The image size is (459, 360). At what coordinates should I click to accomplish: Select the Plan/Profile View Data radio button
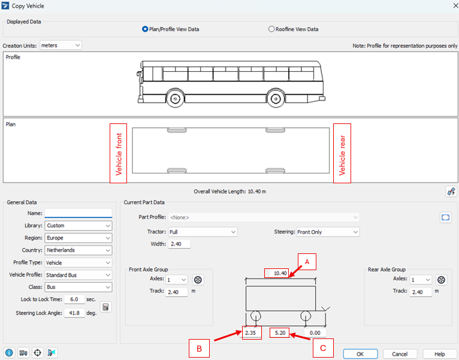tap(145, 29)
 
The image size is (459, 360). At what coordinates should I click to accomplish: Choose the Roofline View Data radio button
tap(271, 29)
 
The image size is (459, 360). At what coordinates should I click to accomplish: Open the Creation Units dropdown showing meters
tap(61, 46)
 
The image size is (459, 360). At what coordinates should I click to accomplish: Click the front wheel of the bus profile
tap(176, 99)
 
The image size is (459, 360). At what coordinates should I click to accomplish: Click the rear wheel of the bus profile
tap(276, 99)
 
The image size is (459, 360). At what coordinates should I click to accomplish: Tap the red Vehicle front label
tap(118, 153)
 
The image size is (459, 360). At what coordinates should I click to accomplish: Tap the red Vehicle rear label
tap(342, 153)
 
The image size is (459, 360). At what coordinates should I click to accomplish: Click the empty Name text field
tap(78, 213)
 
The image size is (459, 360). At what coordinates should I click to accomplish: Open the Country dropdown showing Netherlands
tap(78, 250)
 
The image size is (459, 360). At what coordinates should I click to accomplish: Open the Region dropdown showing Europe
tap(78, 238)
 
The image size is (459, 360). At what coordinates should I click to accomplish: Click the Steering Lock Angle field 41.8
tap(74, 313)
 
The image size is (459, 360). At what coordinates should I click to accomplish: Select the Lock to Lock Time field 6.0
tap(74, 300)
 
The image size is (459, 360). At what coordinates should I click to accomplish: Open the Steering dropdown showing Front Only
tap(328, 232)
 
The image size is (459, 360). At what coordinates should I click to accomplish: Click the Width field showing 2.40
tap(179, 244)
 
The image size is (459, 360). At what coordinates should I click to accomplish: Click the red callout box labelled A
tap(307, 262)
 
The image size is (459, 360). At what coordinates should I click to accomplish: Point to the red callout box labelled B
tap(199, 348)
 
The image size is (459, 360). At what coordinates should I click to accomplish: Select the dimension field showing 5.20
tap(280, 333)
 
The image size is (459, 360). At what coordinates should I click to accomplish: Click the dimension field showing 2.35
tap(252, 333)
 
